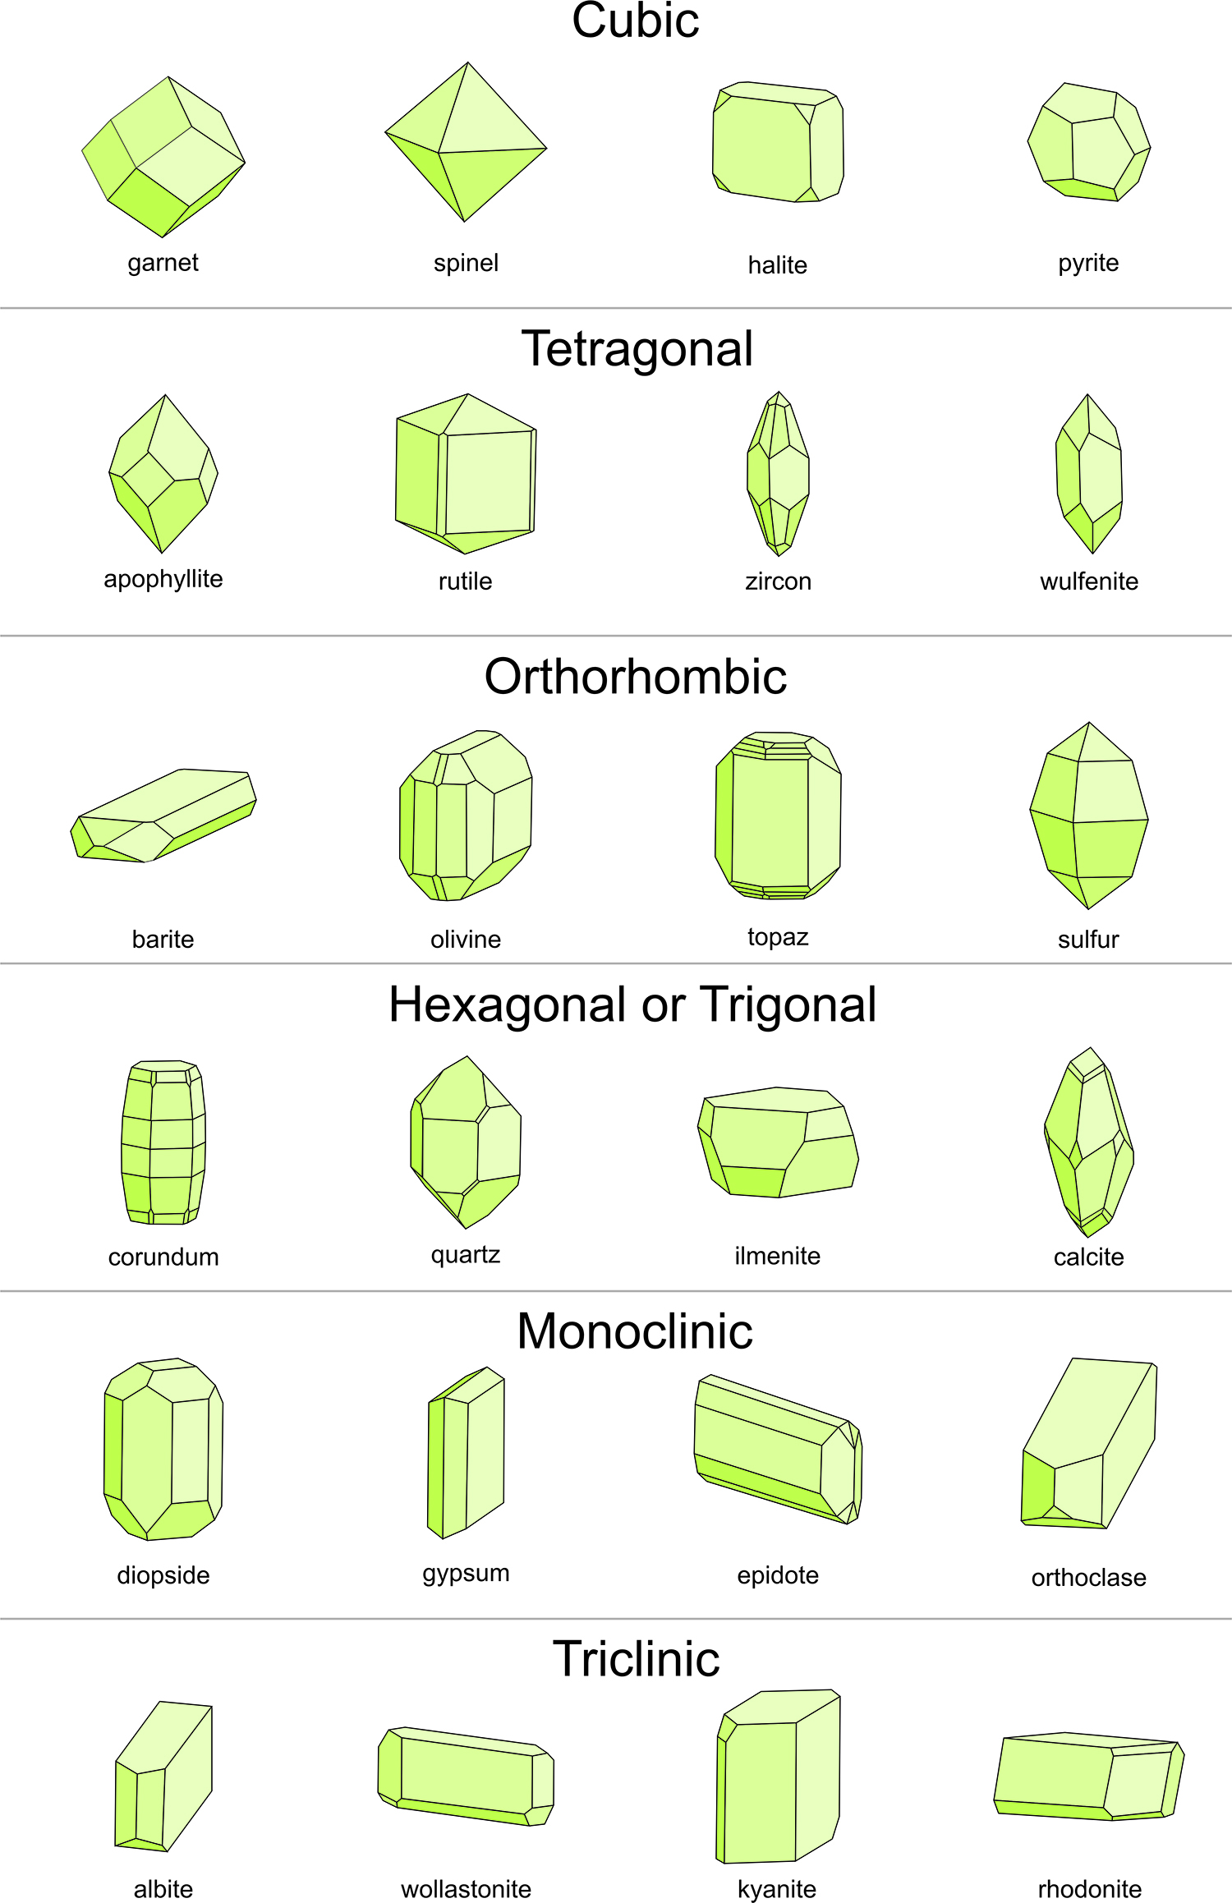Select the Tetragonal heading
pyautogui.click(x=637, y=349)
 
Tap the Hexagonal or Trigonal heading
pyautogui.click(x=632, y=1004)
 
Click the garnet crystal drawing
pyautogui.click(x=163, y=156)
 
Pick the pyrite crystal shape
pyautogui.click(x=1088, y=142)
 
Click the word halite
pyautogui.click(x=777, y=265)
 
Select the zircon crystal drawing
pyautogui.click(x=778, y=474)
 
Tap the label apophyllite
pyautogui.click(x=163, y=579)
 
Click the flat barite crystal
pyautogui.click(x=164, y=816)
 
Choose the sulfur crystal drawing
pyautogui.click(x=1088, y=816)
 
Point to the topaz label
pyautogui.click(x=778, y=937)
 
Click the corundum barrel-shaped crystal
pyautogui.click(x=163, y=1142)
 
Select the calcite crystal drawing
pyautogui.click(x=1089, y=1142)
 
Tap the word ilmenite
pyautogui.click(x=777, y=1256)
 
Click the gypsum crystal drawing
pyautogui.click(x=466, y=1452)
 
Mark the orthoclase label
pyautogui.click(x=1088, y=1578)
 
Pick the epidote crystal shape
pyautogui.click(x=777, y=1450)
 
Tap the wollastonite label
pyautogui.click(x=466, y=1889)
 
